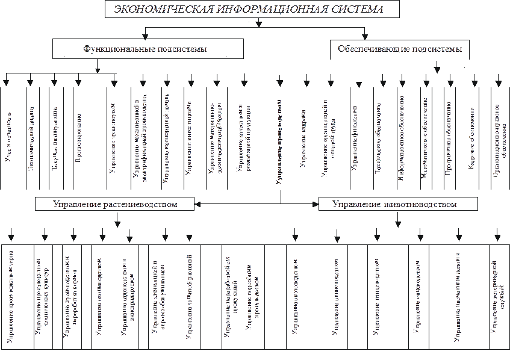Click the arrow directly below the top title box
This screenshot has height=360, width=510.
(258, 24)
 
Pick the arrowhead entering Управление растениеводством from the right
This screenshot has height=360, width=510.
(198, 205)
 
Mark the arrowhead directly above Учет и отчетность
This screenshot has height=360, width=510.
(7, 83)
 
